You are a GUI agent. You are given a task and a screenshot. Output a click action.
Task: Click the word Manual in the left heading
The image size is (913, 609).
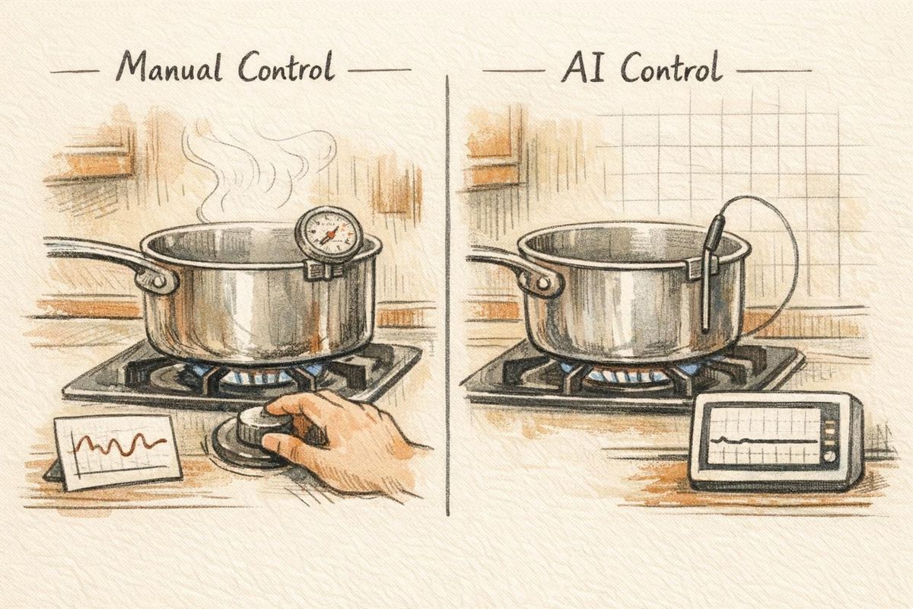click(x=167, y=69)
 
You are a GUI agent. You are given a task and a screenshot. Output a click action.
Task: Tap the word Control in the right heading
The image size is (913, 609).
click(x=670, y=69)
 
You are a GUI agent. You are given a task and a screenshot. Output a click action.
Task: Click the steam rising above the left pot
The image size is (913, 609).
click(x=251, y=164)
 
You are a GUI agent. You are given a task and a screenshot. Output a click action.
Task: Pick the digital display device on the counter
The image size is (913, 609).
click(x=776, y=442)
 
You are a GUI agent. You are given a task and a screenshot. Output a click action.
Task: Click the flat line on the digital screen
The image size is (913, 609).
click(x=761, y=441)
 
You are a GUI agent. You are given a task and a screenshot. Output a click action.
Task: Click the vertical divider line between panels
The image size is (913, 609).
click(x=448, y=304)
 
